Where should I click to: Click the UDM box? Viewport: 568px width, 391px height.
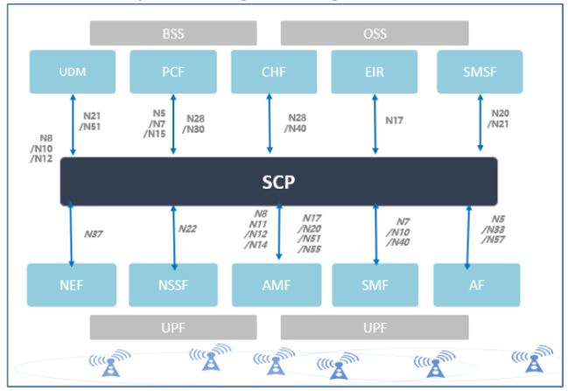[x=73, y=72]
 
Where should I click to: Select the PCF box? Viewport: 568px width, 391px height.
[x=173, y=72]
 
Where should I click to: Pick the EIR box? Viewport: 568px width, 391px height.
[x=374, y=72]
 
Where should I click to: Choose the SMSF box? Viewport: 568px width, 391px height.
[x=479, y=72]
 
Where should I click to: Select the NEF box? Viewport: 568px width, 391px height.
[x=70, y=284]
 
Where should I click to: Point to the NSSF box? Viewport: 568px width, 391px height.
[x=172, y=284]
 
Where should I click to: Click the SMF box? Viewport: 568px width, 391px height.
[x=376, y=284]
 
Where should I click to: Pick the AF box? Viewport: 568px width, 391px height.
[x=477, y=284]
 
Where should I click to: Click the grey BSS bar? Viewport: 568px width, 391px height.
[x=173, y=34]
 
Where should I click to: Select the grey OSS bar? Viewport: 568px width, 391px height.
[x=375, y=34]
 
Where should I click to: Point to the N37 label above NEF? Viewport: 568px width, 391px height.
[x=94, y=234]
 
